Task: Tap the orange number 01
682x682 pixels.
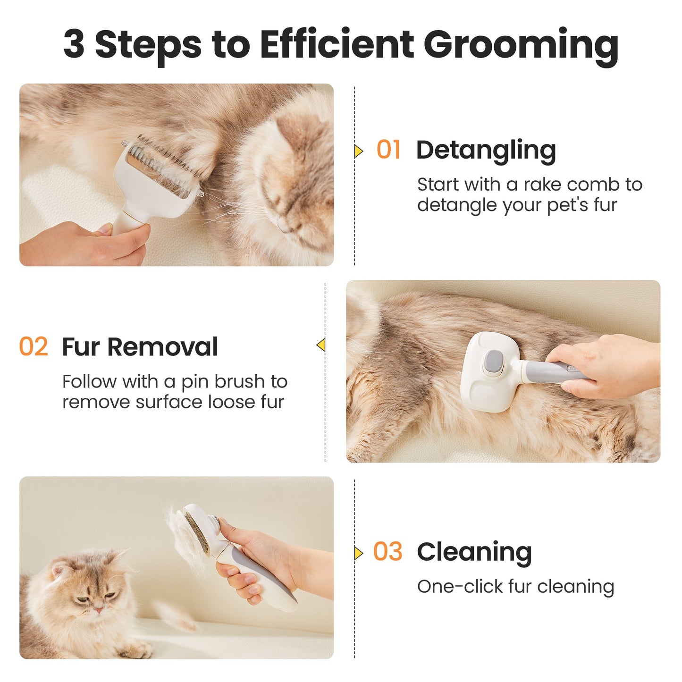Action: (388, 150)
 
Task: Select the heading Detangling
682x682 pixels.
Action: (486, 151)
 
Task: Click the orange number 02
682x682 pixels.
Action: (34, 347)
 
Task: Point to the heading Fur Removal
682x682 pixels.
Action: (140, 347)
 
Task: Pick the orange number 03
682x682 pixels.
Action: (387, 552)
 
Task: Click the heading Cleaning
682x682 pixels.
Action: (474, 552)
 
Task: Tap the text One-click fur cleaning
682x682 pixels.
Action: (515, 587)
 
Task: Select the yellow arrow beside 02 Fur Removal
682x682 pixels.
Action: (321, 345)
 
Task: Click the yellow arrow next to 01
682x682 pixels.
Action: (359, 151)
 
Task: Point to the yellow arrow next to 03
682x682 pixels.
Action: (359, 553)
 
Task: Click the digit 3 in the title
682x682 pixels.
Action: (74, 45)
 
